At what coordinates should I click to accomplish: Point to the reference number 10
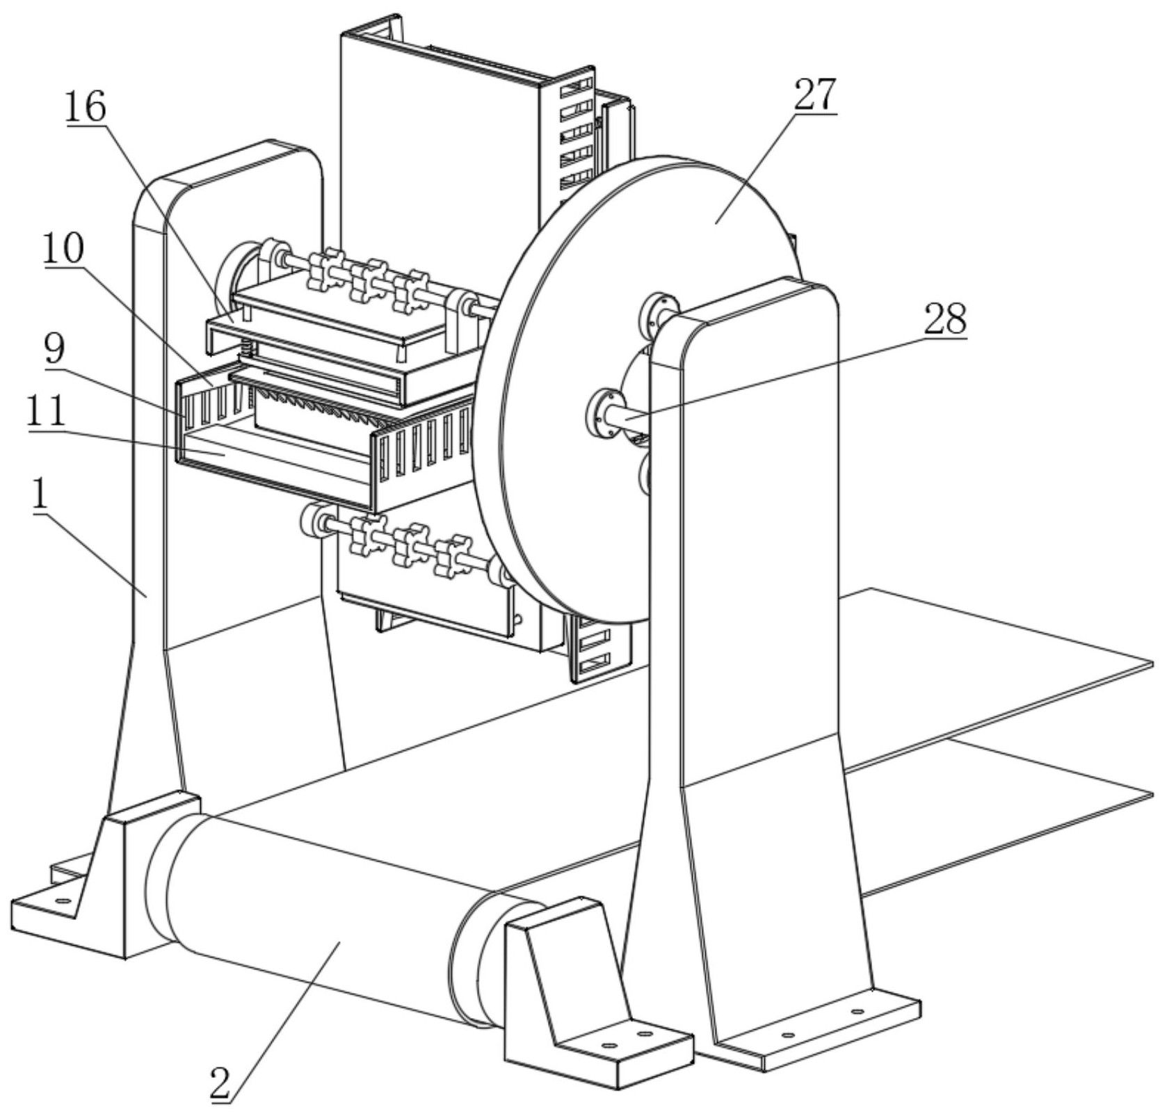(x=63, y=248)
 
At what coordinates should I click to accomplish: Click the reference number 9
(x=54, y=350)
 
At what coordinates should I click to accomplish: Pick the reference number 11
(x=47, y=412)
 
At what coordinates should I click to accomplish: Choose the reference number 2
(x=220, y=1083)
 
